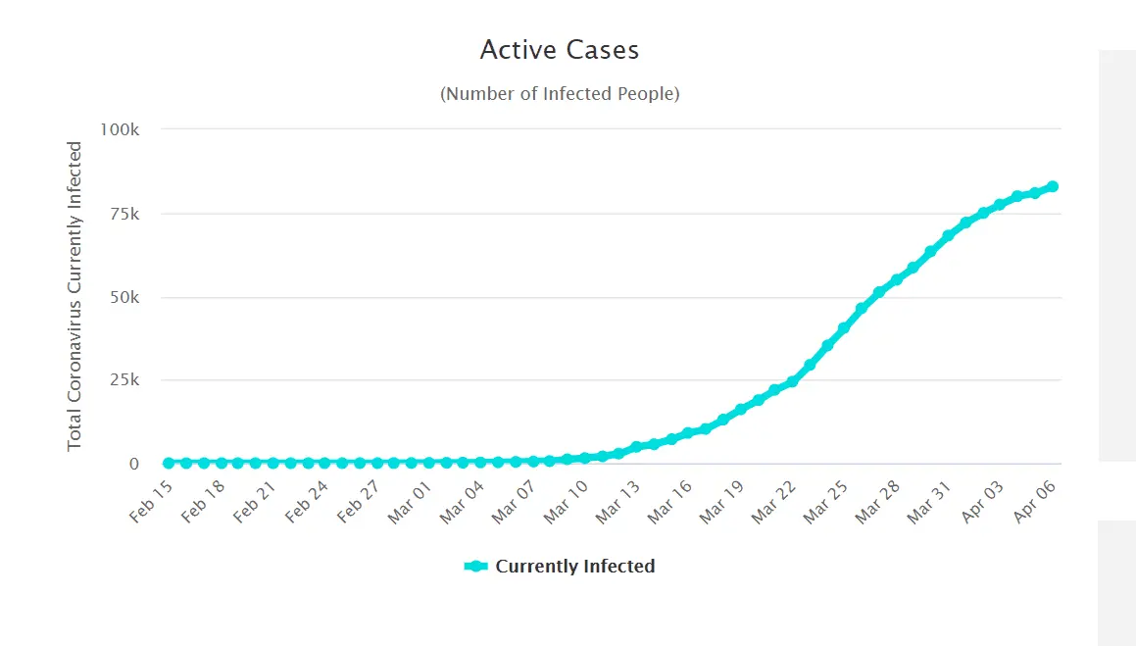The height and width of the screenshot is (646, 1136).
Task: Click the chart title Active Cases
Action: [560, 49]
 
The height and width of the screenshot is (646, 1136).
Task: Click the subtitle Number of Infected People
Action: [560, 94]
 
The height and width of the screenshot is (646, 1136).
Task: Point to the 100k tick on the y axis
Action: [122, 129]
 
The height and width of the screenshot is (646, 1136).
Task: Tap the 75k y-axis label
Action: [124, 214]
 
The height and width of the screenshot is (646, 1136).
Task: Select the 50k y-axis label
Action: [124, 297]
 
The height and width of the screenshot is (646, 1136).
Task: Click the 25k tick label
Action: [124, 380]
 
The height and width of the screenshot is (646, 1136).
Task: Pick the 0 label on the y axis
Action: [134, 464]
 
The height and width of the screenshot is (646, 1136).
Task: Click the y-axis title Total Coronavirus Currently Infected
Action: [75, 296]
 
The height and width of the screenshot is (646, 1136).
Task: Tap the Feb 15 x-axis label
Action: [151, 500]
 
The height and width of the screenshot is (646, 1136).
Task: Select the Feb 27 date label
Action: [359, 500]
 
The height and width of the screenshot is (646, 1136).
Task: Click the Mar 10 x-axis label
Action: [568, 500]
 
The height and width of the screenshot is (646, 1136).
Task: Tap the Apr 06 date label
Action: [1035, 500]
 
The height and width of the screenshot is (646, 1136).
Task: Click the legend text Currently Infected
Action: [575, 567]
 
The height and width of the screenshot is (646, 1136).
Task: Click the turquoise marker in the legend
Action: [476, 567]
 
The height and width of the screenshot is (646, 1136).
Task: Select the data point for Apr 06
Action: [1052, 186]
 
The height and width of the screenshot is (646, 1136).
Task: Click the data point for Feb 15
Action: [169, 463]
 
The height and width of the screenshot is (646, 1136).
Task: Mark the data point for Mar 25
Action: [844, 328]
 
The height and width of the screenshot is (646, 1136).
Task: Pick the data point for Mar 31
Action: [948, 236]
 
